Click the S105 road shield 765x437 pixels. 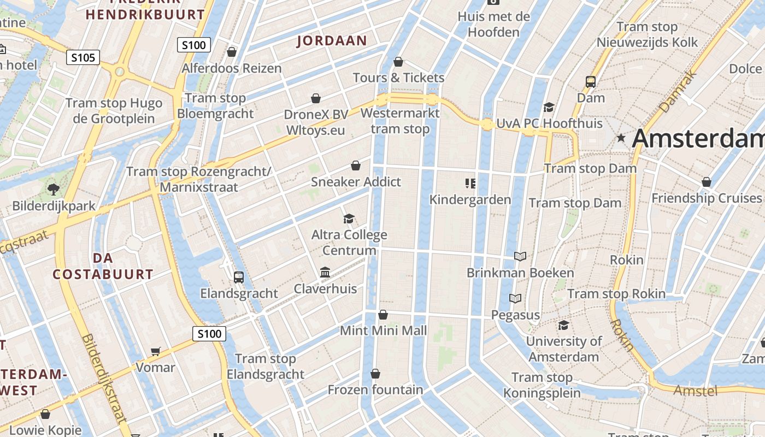coord(83,57)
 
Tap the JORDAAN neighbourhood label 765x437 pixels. coord(332,41)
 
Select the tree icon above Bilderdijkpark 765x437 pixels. coord(54,190)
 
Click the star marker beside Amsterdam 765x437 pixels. coord(621,138)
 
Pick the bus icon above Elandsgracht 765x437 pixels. coord(239,277)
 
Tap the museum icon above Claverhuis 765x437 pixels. coord(325,272)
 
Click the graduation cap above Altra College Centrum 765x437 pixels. coord(349,219)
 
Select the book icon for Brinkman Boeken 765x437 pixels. coord(520,256)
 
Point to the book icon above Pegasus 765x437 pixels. coord(515,298)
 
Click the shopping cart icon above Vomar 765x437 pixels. coord(156,351)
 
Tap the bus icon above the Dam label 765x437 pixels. coord(591,82)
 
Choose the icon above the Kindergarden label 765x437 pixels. coord(470,183)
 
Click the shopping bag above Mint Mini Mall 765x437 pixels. coord(383,315)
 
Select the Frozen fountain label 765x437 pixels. coord(375,389)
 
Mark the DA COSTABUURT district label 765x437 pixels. coord(103,266)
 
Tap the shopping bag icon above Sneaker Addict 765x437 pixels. coord(356,166)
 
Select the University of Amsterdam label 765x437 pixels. coord(563,349)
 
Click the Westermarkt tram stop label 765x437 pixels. coord(400,121)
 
